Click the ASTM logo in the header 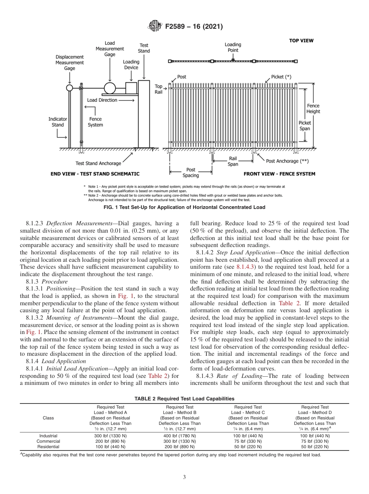pyautogui.click(x=155, y=27)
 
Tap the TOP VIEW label pyautogui.click(x=301, y=40)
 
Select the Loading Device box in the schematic pyautogui.click(x=131, y=88)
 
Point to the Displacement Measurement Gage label pyautogui.click(x=70, y=63)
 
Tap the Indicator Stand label pyautogui.click(x=57, y=122)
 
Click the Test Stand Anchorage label pyautogui.click(x=98, y=164)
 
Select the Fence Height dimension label pyautogui.click(x=313, y=109)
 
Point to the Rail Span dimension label pyautogui.click(x=233, y=161)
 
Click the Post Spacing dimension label pyautogui.click(x=190, y=172)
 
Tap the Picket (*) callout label pyautogui.click(x=281, y=77)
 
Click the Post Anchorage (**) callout pyautogui.click(x=288, y=161)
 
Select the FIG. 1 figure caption pyautogui.click(x=184, y=207)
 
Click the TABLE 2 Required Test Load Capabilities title pyautogui.click(x=184, y=398)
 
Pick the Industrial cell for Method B pyautogui.click(x=179, y=436)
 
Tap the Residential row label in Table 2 pyautogui.click(x=48, y=447)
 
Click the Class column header pyautogui.click(x=48, y=418)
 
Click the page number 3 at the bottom pyautogui.click(x=184, y=477)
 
